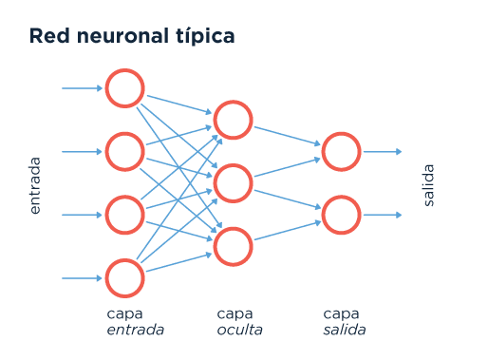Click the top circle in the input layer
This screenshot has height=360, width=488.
coord(124,88)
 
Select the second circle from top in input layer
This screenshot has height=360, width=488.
coord(124,151)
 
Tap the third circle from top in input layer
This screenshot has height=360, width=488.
coord(124,215)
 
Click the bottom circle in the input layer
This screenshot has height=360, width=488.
coord(124,278)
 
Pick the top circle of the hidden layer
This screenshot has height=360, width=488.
coord(233,120)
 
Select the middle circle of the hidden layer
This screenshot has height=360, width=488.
coord(233,183)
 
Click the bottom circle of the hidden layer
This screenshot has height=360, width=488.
coord(233,246)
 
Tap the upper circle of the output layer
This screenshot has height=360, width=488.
coord(341,151)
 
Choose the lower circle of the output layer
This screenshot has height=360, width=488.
coord(341,215)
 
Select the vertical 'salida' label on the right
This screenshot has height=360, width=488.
coord(428,185)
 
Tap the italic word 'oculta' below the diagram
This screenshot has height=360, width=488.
coord(239,331)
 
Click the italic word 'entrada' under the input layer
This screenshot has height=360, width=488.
coord(136,331)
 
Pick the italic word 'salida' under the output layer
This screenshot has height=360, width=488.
coord(345,331)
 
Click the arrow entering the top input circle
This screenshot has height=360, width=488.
coord(83,88)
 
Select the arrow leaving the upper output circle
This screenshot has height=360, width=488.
coord(383,151)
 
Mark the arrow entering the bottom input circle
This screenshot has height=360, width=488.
coord(83,278)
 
